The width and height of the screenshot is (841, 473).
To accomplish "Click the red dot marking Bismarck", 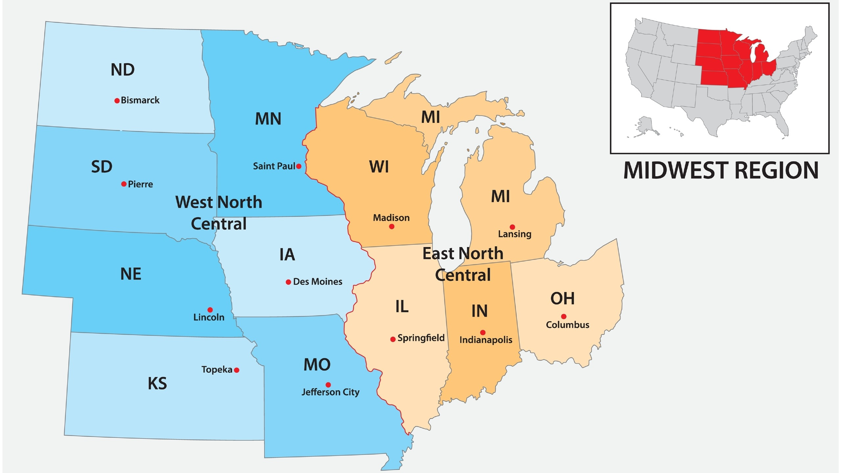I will tap(117, 101).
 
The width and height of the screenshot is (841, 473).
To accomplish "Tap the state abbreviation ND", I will tap(123, 70).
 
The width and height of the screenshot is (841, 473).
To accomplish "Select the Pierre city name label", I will tap(140, 184).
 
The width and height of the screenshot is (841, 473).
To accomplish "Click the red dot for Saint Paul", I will tap(299, 166).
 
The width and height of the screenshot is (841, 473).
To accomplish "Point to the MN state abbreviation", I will tap(268, 119).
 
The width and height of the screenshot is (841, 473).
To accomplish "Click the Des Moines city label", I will tap(317, 282).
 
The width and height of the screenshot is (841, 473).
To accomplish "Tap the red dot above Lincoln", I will tap(210, 310).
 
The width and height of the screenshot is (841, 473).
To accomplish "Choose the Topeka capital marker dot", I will tap(237, 370).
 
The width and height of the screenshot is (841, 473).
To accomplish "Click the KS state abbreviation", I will tap(157, 384).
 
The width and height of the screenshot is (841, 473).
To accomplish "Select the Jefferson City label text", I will tap(330, 392).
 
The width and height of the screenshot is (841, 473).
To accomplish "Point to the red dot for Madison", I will tap(392, 227).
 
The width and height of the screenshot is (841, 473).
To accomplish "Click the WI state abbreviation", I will tap(379, 167).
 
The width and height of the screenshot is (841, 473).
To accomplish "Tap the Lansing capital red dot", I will tap(512, 227).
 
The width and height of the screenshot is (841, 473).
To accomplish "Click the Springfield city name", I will tap(421, 338).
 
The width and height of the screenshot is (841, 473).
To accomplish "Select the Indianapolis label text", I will tap(486, 340).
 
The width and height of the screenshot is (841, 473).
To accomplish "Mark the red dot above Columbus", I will tap(564, 317).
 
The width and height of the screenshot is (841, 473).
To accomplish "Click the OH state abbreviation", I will tap(562, 299).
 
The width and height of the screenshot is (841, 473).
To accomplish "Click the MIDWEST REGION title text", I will tap(721, 171).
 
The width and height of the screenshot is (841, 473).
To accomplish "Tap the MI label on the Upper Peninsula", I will tap(430, 117).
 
